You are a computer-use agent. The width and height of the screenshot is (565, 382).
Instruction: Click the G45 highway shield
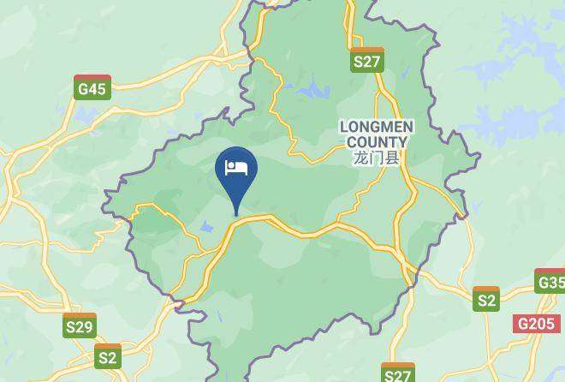pos(92,87)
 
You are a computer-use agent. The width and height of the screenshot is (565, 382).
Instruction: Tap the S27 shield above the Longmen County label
pos(367,60)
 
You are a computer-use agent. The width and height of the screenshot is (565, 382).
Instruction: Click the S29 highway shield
pos(80,325)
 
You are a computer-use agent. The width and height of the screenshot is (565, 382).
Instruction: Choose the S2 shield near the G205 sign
pos(486,299)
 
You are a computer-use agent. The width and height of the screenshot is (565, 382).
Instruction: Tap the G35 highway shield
pos(550,282)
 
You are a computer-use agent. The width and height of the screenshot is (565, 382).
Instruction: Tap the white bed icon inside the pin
pos(235,167)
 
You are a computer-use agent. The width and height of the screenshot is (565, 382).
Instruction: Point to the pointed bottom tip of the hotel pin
pos(235,214)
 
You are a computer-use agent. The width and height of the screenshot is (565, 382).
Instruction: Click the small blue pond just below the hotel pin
pos(206,227)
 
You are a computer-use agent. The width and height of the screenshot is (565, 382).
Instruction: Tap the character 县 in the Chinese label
pos(393,158)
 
